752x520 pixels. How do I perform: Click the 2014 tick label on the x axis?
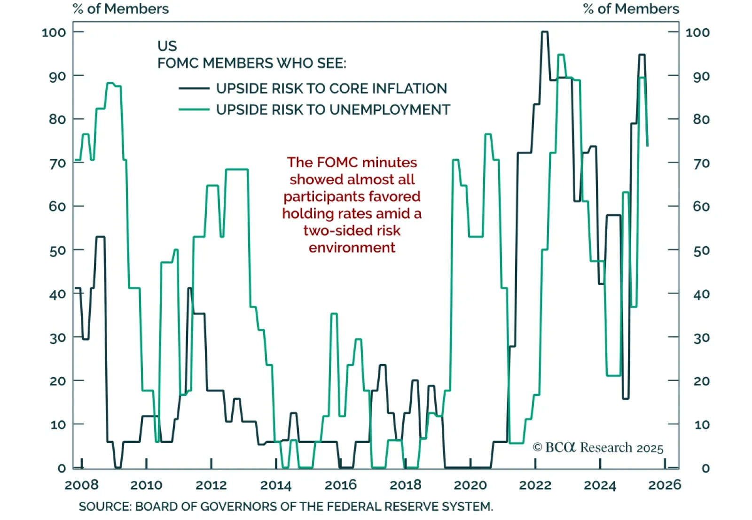coord(276,485)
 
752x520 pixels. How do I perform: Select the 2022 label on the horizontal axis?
coord(535,485)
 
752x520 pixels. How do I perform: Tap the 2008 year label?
coord(81,485)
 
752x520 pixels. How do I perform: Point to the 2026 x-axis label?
coord(664,485)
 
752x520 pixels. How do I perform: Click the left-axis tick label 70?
coord(57,163)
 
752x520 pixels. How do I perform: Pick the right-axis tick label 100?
coord(697,32)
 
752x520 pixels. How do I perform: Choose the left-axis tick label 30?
coord(57,338)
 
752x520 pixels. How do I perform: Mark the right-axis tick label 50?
coord(701,250)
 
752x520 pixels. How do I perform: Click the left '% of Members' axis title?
coord(121,9)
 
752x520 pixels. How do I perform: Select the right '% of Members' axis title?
coord(631,9)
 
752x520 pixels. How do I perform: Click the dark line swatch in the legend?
coord(194,88)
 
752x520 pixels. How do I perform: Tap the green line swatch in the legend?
coord(194,110)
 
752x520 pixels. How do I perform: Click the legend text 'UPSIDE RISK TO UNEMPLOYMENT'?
coord(333,110)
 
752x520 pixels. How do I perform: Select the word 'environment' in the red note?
coord(352,248)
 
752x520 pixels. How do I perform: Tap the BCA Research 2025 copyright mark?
coord(598,448)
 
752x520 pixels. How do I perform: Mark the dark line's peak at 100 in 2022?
coord(544,32)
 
